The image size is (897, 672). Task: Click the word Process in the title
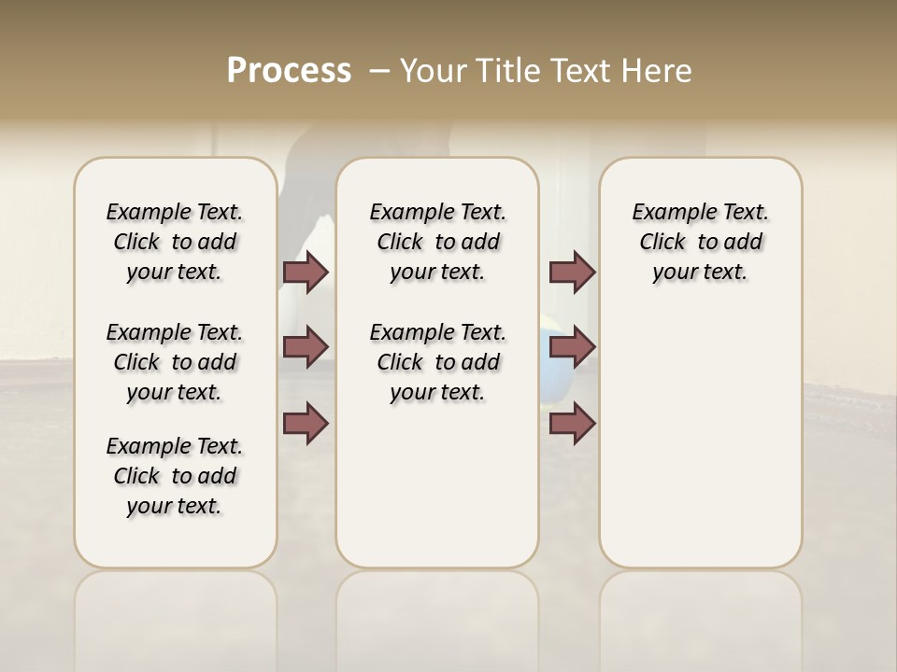point(289,71)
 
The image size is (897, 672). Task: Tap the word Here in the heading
point(657,71)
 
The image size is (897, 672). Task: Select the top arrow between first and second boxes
point(306,273)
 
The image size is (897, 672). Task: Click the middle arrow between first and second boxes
point(306,347)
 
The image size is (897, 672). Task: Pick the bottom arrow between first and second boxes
point(306,423)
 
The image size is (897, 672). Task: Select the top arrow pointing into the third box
point(572,273)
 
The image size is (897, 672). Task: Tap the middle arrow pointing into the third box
point(572,347)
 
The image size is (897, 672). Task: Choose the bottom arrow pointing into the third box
point(572,423)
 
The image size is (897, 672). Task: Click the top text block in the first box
point(175,242)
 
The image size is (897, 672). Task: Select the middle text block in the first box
point(175,362)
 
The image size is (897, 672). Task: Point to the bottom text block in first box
point(175,476)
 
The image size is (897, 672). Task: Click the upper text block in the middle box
point(437,242)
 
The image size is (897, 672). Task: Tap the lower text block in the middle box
point(437,362)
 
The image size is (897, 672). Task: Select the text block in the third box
point(700,242)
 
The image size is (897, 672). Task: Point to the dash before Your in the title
point(379,72)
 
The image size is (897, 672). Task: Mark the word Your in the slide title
point(433,71)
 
